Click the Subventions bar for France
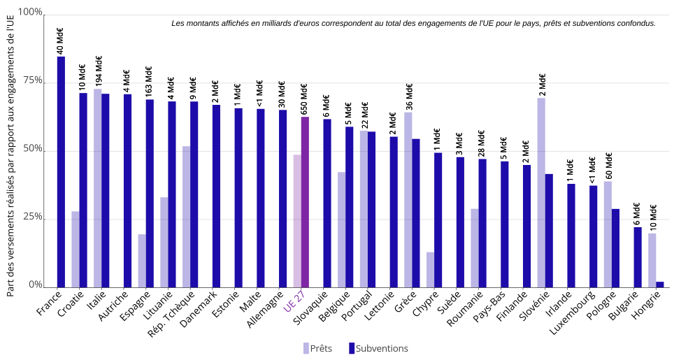tap(61, 171)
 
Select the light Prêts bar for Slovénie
tap(541, 192)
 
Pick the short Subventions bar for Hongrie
tap(660, 284)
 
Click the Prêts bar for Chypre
tap(430, 269)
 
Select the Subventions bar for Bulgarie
tap(638, 257)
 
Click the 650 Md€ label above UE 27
tap(305, 99)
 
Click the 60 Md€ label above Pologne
tap(608, 166)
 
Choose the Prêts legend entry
tap(317, 348)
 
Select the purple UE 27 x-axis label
tap(294, 305)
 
